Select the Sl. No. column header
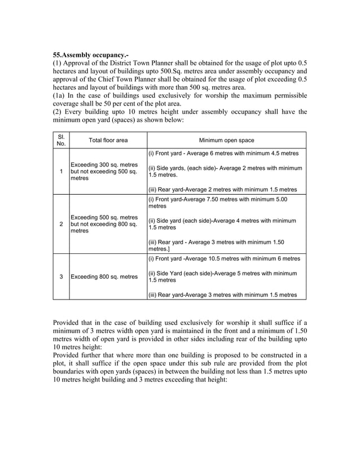(61, 140)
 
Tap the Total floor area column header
(108, 140)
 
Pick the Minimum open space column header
(226, 140)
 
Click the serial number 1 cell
(61, 172)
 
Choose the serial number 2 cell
(61, 224)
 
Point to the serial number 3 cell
(61, 276)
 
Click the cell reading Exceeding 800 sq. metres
(104, 276)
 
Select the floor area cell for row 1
(104, 172)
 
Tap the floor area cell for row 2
(104, 224)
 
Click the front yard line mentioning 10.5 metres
(224, 258)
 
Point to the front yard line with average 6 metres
(223, 153)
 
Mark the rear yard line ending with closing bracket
(216, 245)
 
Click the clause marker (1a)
(60, 95)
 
